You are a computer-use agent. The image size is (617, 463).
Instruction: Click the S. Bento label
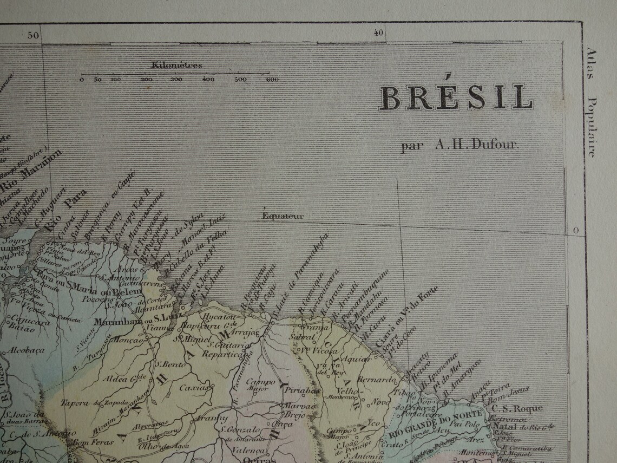point(167,364)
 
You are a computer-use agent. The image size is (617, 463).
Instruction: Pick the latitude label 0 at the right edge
point(576,231)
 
